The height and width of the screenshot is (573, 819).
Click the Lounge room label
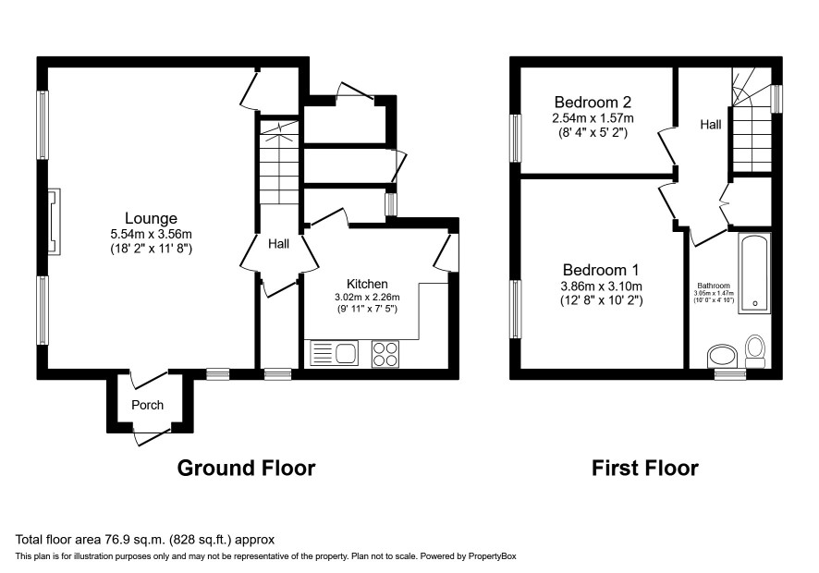pos(151,218)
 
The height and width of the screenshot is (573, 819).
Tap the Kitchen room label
pos(367,284)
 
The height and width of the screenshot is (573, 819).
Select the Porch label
pos(147,405)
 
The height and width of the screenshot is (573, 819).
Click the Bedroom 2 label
pos(593,102)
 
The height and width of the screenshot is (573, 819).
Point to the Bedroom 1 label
pos(601,270)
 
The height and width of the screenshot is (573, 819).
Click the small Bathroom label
pos(714,286)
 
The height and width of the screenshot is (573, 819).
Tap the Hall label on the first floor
pos(710,125)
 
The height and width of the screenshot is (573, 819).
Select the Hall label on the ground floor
pos(278,244)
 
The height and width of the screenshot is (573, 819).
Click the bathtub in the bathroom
pos(754,274)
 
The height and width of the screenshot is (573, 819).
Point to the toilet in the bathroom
pos(754,351)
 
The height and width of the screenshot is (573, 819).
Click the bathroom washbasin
pos(722,356)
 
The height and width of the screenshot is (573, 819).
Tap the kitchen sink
pos(335,353)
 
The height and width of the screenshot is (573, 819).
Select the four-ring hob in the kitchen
pos(385,354)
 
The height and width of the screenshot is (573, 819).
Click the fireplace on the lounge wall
pos(55,222)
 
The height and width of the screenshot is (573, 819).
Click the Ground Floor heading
pos(246,468)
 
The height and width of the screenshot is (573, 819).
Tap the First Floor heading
pos(644,468)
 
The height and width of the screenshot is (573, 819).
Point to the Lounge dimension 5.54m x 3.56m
pos(151,235)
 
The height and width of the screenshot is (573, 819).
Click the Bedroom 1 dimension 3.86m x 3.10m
pos(601,286)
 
